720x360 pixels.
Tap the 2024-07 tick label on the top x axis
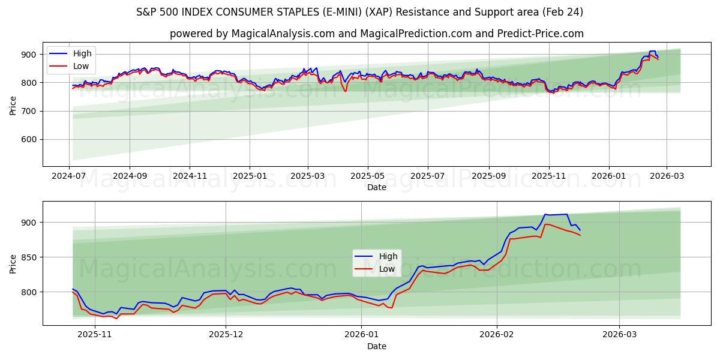[x=70, y=176]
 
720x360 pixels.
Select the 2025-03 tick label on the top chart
[x=308, y=176]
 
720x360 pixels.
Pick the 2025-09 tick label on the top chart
[x=488, y=176]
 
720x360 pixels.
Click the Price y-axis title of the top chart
[x=13, y=106]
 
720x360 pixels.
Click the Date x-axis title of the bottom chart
[x=376, y=346]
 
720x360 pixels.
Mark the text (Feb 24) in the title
[x=562, y=12]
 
